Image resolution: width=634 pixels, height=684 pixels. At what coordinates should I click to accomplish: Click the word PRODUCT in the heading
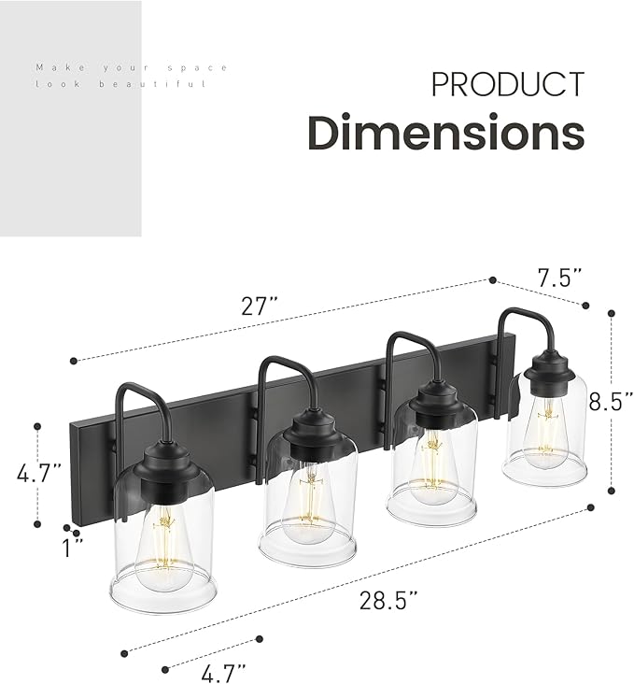coord(507,84)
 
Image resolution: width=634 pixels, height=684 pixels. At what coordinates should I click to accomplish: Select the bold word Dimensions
coord(446,133)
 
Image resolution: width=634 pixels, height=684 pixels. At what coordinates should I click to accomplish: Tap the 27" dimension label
coord(261,304)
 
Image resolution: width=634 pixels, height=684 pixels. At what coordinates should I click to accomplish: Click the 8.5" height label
coord(611,401)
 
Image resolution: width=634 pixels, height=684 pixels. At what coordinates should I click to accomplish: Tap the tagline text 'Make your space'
coord(131,67)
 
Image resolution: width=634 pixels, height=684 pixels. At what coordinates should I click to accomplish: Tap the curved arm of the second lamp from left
coord(279,374)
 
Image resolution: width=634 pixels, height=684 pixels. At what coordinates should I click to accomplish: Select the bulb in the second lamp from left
coord(306,505)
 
